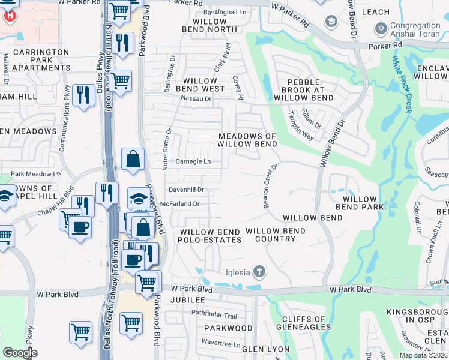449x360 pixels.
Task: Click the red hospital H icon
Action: pos(10,14)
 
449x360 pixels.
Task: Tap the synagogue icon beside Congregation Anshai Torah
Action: pos(380,28)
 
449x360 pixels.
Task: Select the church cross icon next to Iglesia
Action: pos(259,272)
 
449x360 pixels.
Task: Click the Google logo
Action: pos(20,353)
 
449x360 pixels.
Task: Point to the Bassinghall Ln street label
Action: pos(224,12)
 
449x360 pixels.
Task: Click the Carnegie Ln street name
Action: pos(193,161)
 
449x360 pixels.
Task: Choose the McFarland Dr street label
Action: pos(179,204)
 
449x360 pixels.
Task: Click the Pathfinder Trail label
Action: pos(214,314)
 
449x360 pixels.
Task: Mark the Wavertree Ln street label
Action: pos(220,346)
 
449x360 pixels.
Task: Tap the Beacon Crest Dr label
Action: pos(270,187)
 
